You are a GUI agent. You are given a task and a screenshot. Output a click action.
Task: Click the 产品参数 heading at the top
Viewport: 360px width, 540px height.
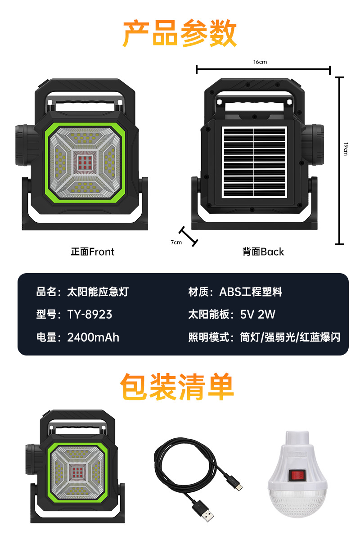click(180, 34)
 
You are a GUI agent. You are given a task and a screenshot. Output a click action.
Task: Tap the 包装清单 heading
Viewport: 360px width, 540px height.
click(177, 387)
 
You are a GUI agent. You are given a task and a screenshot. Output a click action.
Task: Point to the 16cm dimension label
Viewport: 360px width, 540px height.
click(260, 62)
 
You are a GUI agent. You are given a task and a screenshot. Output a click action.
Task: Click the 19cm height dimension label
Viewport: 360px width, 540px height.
click(346, 148)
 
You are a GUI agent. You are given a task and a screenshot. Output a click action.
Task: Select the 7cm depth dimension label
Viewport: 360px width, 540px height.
click(176, 242)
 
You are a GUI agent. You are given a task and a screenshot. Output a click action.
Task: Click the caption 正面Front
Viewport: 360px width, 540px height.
click(93, 252)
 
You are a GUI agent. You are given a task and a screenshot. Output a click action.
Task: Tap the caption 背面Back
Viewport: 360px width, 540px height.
click(263, 252)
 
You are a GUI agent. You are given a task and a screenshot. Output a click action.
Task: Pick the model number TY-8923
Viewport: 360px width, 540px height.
click(90, 314)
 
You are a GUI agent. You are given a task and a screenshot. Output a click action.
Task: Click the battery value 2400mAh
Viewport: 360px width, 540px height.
click(93, 337)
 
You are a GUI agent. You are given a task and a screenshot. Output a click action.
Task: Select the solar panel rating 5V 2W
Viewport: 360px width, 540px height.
click(257, 314)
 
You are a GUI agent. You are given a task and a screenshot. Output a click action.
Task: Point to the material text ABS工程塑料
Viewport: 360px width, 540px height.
click(251, 292)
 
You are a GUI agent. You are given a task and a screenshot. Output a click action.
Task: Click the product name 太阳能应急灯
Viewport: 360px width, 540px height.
click(98, 292)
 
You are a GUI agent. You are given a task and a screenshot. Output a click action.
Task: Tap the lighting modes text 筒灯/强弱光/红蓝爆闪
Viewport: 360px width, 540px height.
click(290, 337)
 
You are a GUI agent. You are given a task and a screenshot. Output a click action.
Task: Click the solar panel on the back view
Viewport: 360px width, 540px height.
click(254, 161)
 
